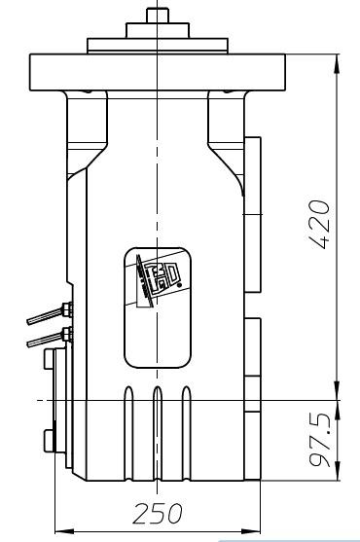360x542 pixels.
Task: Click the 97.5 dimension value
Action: pyautogui.click(x=320, y=440)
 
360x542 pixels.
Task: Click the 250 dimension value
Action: pyautogui.click(x=158, y=514)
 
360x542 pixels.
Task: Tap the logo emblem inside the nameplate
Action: pyautogui.click(x=159, y=280)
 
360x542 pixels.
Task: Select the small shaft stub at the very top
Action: pyautogui.click(x=158, y=16)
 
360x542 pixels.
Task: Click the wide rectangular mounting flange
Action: pyautogui.click(x=158, y=72)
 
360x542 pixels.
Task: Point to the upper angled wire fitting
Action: pyautogui.click(x=50, y=313)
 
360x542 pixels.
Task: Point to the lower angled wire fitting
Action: pyautogui.click(x=50, y=337)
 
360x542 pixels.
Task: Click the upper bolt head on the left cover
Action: pyautogui.click(x=49, y=359)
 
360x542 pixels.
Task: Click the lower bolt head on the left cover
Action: pyautogui.click(x=49, y=441)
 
